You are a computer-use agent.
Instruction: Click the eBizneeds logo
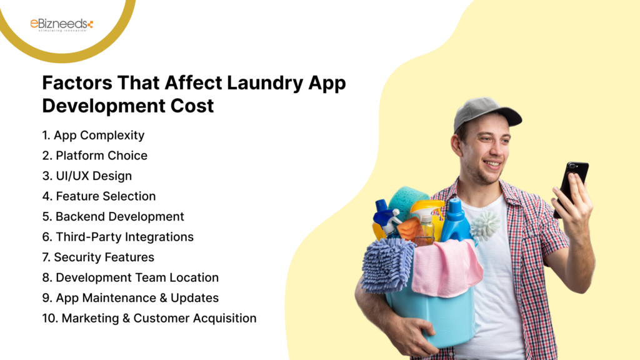[x=61, y=24]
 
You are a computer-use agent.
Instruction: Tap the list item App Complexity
[x=93, y=135]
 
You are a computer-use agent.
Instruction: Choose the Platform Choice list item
[x=95, y=156]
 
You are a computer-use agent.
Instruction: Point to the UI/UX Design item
[x=87, y=176]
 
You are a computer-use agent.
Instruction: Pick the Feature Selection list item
[x=99, y=196]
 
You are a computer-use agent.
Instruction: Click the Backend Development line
[x=113, y=217]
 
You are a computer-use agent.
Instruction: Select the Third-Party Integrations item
[x=117, y=237]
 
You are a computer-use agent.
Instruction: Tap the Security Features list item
[x=98, y=257]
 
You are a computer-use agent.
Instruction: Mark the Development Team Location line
[x=130, y=277]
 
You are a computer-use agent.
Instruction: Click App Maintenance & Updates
[x=130, y=297]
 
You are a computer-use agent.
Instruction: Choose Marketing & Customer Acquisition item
[x=149, y=318]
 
